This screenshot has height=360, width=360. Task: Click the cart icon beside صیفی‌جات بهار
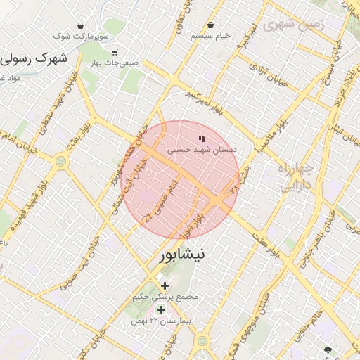click(x=115, y=52)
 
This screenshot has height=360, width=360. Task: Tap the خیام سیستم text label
click(x=215, y=35)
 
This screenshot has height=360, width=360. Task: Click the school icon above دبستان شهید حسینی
click(x=202, y=139)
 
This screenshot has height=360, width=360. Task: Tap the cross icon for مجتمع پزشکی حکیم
click(x=165, y=285)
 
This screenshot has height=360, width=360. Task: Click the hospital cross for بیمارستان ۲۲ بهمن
click(x=161, y=309)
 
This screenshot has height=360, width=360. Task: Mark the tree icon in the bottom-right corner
click(x=328, y=349)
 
